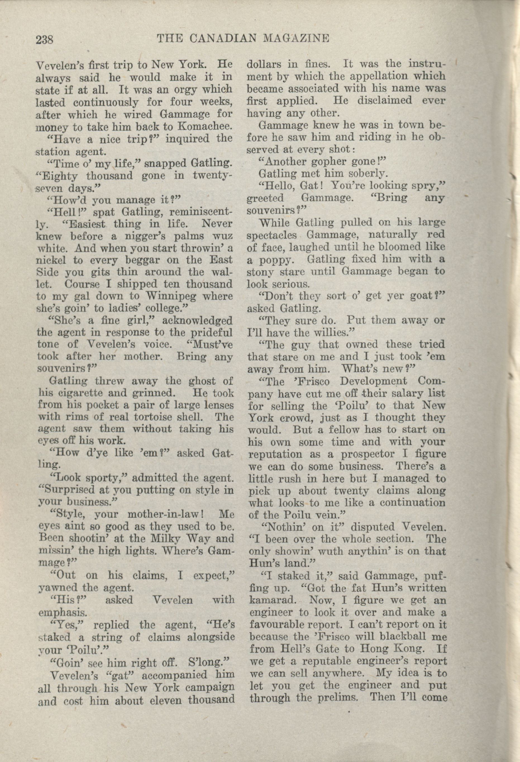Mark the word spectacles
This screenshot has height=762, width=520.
pyautogui.click(x=271, y=235)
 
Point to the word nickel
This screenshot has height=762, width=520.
pyautogui.click(x=51, y=260)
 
